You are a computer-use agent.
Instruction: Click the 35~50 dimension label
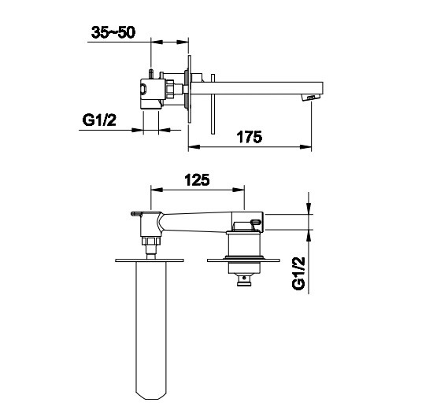coord(113,32)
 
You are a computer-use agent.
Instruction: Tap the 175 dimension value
coord(250,137)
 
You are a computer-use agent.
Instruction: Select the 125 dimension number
coord(197,180)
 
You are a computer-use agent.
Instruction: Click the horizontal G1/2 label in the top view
coord(99,120)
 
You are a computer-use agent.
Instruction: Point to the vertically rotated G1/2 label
coord(298,274)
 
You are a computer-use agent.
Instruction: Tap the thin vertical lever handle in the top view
coord(213,105)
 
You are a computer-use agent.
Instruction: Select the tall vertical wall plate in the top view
coord(190,90)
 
